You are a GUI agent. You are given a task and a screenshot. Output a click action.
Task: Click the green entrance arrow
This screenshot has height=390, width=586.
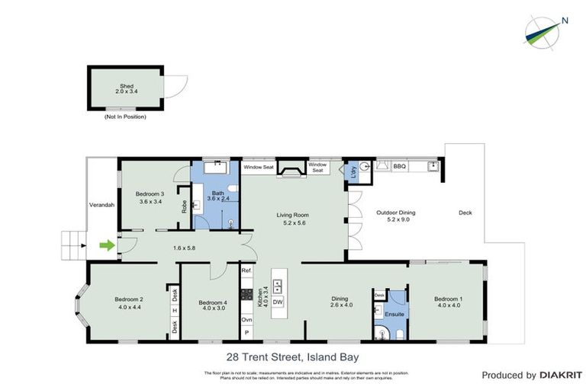coord(107,245)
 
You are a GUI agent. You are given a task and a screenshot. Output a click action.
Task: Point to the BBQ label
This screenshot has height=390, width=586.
coord(399,166)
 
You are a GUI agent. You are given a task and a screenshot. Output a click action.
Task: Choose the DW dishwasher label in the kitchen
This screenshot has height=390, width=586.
coord(278,303)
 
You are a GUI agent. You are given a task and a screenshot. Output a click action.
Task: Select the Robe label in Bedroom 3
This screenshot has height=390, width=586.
coord(185,206)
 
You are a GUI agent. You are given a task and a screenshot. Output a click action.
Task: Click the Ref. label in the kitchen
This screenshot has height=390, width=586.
coord(246,271)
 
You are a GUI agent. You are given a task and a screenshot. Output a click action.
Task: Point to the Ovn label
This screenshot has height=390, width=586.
coord(246,320)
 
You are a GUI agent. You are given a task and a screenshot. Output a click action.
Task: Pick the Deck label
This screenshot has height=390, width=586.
coord(465,213)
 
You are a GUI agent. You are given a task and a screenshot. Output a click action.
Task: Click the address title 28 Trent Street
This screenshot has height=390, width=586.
coord(292,356)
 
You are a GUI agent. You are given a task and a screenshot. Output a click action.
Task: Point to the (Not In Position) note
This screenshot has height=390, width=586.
coord(125,117)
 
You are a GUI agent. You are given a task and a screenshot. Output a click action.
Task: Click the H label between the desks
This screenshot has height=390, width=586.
coord(175,310)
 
